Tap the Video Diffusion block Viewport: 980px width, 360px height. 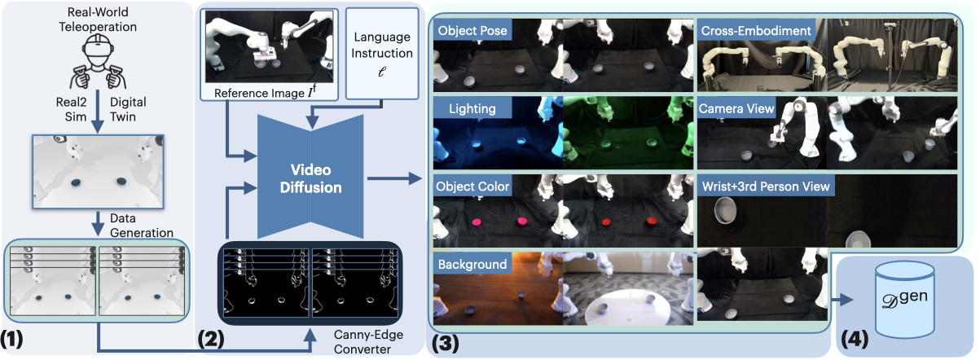(x=310, y=176)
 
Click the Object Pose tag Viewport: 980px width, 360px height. (x=473, y=31)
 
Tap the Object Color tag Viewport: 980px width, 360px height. (x=473, y=187)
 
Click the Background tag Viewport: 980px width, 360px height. (x=472, y=264)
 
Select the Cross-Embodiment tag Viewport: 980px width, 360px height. (x=755, y=31)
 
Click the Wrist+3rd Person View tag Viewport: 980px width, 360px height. (x=765, y=187)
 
